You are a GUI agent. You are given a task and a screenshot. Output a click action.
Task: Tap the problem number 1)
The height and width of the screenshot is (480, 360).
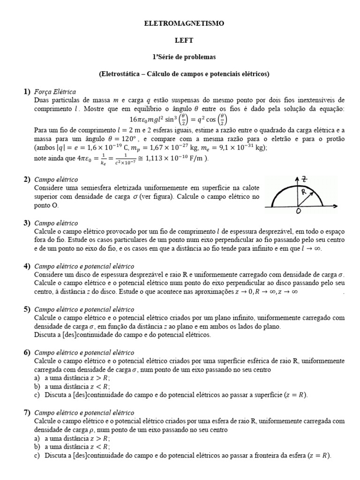(x=27, y=92)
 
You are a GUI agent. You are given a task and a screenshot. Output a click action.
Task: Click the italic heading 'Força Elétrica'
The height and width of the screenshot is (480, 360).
(x=55, y=92)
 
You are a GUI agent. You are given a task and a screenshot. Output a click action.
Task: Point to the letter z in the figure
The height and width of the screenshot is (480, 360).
(x=305, y=179)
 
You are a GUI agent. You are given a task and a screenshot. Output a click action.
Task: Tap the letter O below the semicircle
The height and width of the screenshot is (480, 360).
(x=298, y=212)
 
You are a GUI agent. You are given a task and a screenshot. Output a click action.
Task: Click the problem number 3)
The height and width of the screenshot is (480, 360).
(x=27, y=223)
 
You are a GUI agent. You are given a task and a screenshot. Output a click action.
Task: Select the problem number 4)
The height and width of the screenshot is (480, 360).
(x=27, y=266)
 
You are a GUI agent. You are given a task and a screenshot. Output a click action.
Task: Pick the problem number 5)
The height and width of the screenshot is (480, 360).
(x=27, y=309)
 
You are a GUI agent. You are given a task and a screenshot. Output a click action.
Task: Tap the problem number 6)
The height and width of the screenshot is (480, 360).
(x=27, y=352)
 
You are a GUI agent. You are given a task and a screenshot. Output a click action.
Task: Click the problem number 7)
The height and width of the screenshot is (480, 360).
(x=27, y=412)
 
